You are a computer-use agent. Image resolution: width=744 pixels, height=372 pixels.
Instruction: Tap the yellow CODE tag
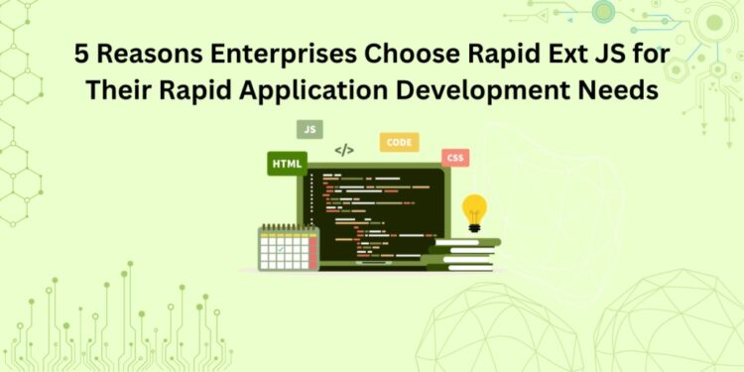(399, 143)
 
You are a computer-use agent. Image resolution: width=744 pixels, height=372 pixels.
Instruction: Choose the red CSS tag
(455, 158)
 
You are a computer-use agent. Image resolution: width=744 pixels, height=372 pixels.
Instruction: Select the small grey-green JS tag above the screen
(310, 129)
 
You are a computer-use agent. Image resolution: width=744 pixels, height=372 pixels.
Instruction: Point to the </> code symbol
(343, 151)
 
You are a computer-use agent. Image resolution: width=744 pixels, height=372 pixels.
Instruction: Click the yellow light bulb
(474, 211)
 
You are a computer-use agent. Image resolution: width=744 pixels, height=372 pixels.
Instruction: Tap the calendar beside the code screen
(288, 248)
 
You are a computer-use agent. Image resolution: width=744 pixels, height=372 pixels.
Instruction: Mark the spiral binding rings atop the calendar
(288, 227)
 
